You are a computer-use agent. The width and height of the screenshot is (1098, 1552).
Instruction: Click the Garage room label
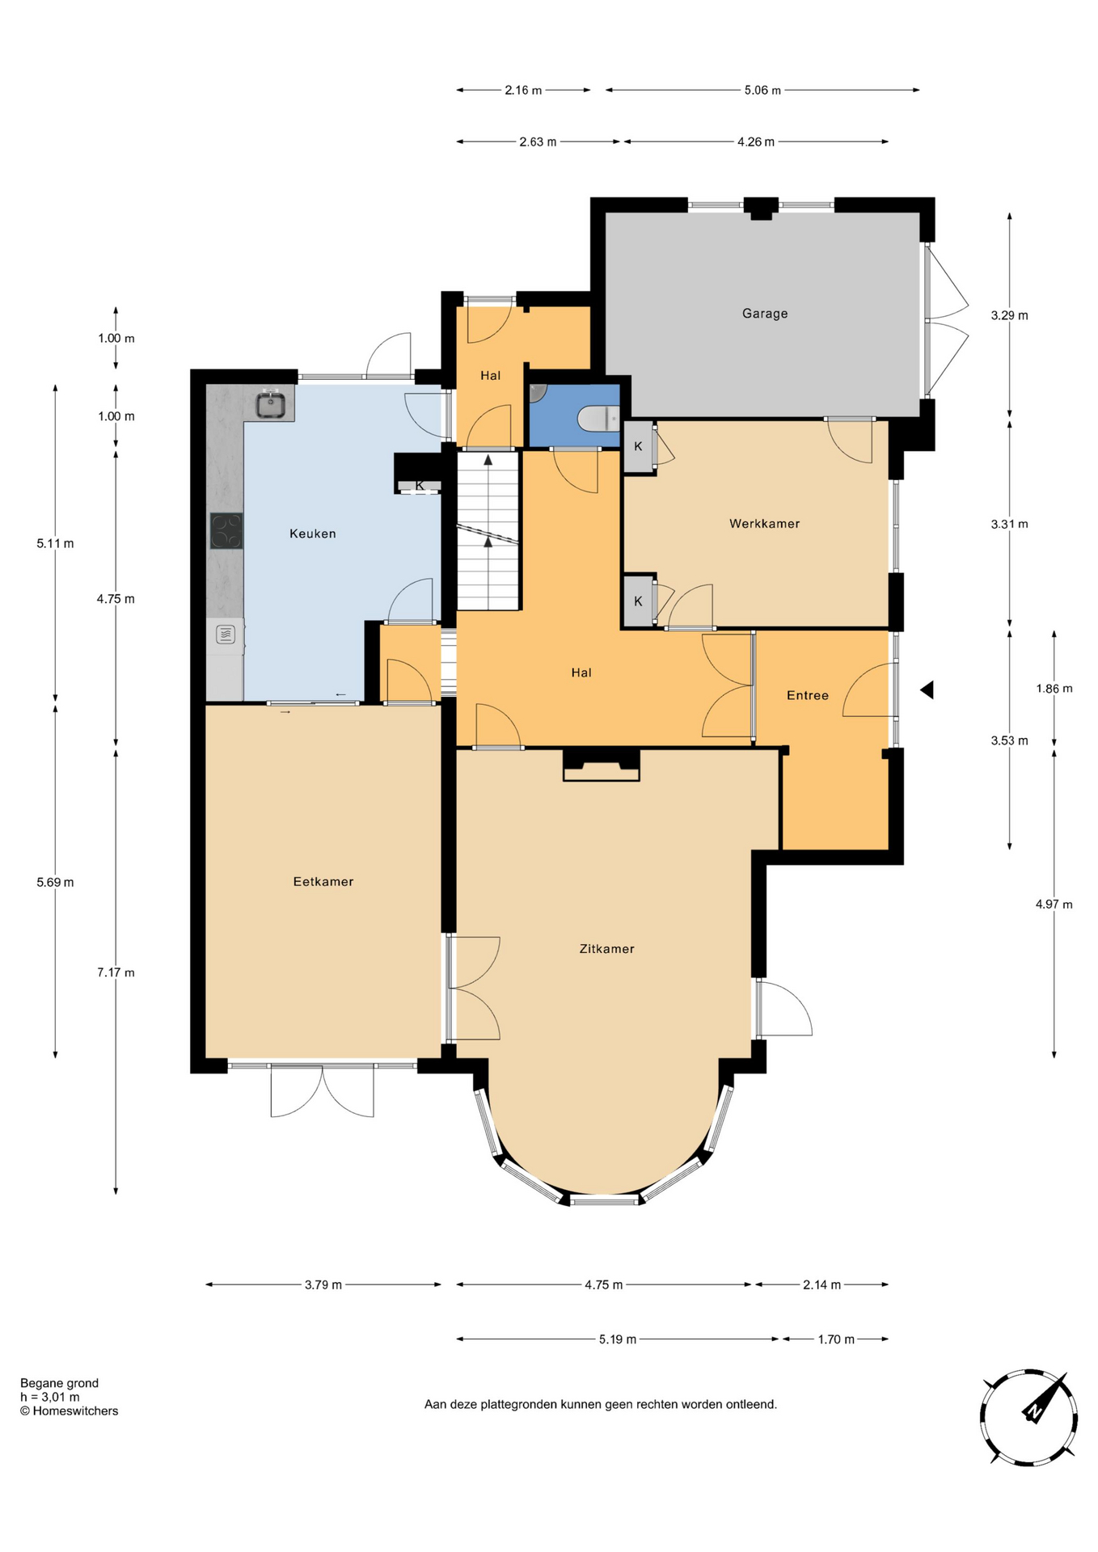tap(765, 314)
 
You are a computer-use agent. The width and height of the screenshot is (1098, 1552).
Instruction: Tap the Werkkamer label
tap(764, 524)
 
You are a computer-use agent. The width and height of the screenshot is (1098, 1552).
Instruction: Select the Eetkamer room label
tap(323, 882)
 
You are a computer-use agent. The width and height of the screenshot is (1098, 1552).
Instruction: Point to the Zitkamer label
tap(606, 949)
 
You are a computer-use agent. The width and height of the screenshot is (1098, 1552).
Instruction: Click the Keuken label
tap(313, 533)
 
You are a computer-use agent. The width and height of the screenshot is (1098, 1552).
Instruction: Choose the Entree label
tap(808, 695)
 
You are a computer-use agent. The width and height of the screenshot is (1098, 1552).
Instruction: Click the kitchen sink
tap(272, 405)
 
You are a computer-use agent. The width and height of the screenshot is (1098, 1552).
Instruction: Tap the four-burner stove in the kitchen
tap(226, 531)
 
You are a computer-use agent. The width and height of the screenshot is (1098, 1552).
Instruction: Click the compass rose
tap(1028, 1417)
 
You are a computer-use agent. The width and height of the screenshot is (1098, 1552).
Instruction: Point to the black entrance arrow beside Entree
tap(927, 690)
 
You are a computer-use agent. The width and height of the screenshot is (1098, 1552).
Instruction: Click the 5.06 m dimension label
tap(762, 91)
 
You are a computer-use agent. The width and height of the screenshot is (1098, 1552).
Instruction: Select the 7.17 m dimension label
tap(116, 972)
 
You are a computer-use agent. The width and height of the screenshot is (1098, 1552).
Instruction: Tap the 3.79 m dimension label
tap(323, 1284)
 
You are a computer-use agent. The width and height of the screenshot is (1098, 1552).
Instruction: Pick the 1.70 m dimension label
tap(836, 1339)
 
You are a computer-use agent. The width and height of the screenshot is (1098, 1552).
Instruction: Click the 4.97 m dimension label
tap(1054, 905)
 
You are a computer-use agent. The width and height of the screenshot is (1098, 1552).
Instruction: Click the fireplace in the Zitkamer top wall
tap(601, 765)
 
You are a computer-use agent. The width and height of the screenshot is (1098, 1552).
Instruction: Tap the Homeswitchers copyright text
tap(70, 1411)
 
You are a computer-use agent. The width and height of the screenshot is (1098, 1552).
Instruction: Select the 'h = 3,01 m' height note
tap(50, 1397)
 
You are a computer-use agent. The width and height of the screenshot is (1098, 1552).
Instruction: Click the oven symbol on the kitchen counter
tap(226, 635)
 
